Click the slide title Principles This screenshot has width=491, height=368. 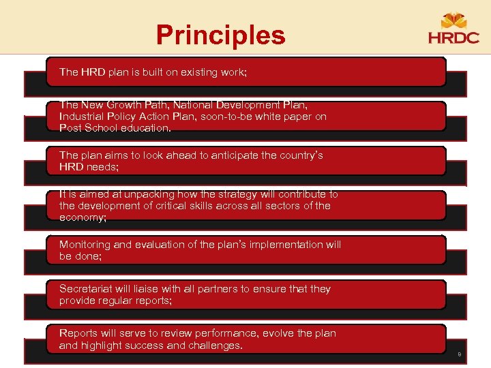[220, 35]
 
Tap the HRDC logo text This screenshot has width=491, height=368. [453, 37]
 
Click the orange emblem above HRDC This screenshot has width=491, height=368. [453, 20]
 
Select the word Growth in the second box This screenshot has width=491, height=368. [126, 105]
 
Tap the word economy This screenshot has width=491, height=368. [81, 217]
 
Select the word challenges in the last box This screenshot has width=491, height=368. [212, 345]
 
